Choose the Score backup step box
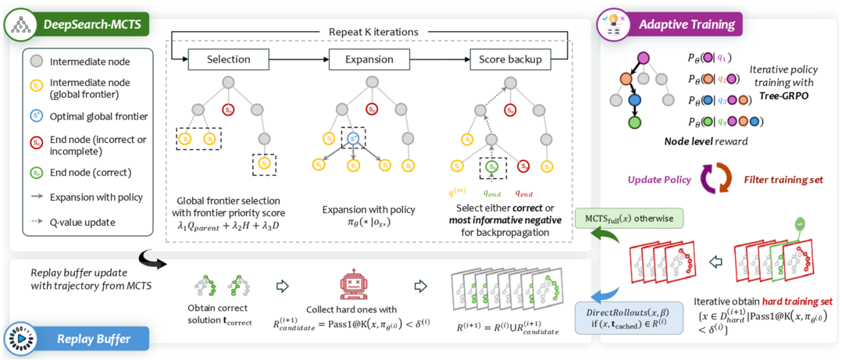[508, 59]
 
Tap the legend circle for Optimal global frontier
[37, 116]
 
